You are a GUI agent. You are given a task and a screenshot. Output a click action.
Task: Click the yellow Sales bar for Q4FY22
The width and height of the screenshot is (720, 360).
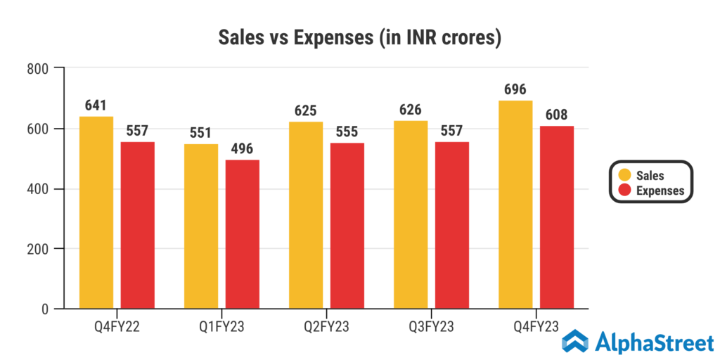pyautogui.click(x=96, y=212)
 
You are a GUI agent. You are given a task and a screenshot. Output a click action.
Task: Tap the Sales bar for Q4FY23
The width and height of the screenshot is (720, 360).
pyautogui.click(x=515, y=205)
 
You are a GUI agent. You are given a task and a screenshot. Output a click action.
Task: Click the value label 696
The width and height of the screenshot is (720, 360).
pyautogui.click(x=515, y=90)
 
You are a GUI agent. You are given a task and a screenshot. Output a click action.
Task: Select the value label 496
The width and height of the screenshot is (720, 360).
pyautogui.click(x=242, y=149)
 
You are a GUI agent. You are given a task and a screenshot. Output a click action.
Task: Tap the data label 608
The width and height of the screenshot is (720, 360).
pyautogui.click(x=557, y=115)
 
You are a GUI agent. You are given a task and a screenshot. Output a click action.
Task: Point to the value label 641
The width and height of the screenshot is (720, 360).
pyautogui.click(x=96, y=105)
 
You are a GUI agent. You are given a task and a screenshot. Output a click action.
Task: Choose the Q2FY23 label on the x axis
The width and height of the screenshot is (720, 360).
pyautogui.click(x=327, y=327)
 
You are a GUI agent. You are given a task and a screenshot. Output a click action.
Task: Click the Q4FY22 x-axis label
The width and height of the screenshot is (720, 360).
pyautogui.click(x=117, y=327)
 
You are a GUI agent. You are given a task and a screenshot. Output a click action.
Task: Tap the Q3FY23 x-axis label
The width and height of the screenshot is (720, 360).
pyautogui.click(x=432, y=327)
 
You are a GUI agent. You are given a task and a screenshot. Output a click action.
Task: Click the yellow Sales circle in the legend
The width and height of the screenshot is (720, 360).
pyautogui.click(x=624, y=175)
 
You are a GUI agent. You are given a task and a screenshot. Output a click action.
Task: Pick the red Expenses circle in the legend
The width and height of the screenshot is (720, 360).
pyautogui.click(x=624, y=190)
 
